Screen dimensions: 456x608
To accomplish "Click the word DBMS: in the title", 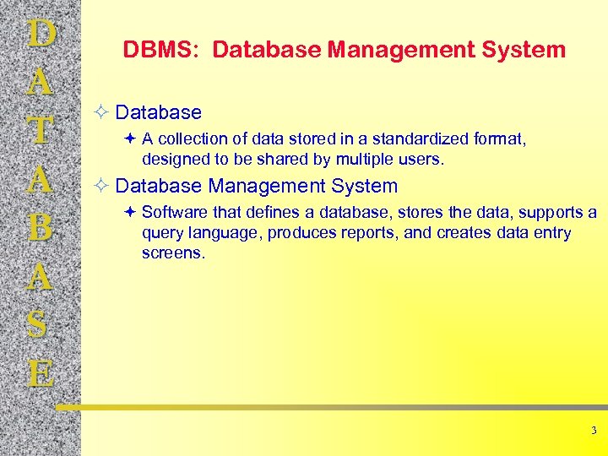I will click(161, 51).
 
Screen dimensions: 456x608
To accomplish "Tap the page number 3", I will click(594, 431).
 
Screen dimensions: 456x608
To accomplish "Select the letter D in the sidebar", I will click(41, 35).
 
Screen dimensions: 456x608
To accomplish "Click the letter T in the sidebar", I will click(41, 132).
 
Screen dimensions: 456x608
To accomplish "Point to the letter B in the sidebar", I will click(41, 229).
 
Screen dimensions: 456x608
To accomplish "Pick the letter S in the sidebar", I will click(41, 326).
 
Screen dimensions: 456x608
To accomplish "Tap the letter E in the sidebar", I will click(41, 372).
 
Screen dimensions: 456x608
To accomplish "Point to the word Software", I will click(175, 212).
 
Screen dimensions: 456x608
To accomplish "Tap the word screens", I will click(173, 252).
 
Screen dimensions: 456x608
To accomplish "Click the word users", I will click(424, 159).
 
